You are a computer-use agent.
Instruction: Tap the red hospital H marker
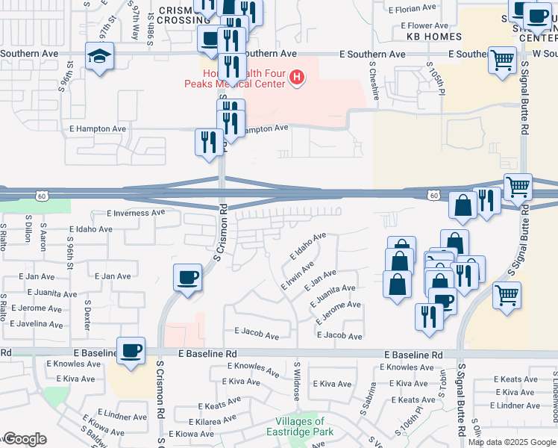pyautogui.click(x=298, y=78)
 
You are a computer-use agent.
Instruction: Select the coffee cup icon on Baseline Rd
pyautogui.click(x=131, y=351)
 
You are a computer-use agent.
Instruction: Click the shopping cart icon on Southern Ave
pyautogui.click(x=503, y=60)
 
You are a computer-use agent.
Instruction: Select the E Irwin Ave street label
pyautogui.click(x=296, y=276)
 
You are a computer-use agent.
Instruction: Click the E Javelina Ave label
pyautogui.click(x=35, y=324)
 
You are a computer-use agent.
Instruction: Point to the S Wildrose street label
pyautogui.click(x=296, y=380)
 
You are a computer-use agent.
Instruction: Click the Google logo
pyautogui.click(x=24, y=439)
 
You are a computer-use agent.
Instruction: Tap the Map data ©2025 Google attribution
pyautogui.click(x=511, y=442)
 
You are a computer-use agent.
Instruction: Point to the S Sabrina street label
pyautogui.click(x=371, y=391)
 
